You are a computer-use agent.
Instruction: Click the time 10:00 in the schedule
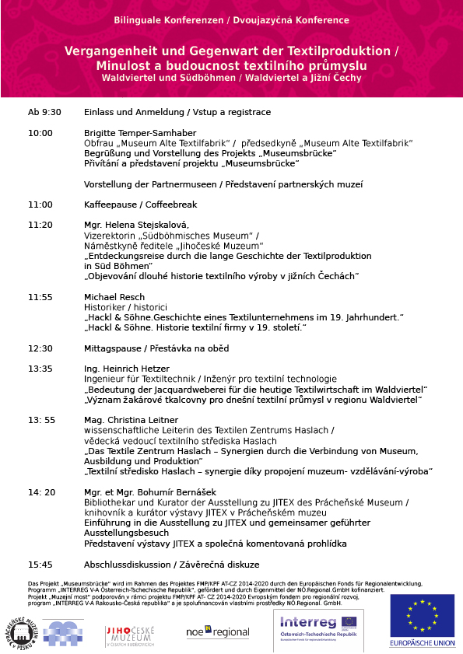pyautogui.click(x=40, y=133)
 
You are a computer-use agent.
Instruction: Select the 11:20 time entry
pyautogui.click(x=40, y=225)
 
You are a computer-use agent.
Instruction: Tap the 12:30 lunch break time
pyautogui.click(x=40, y=348)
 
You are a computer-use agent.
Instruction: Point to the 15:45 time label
pyautogui.click(x=40, y=564)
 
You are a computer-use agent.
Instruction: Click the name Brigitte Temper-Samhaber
pyautogui.click(x=140, y=133)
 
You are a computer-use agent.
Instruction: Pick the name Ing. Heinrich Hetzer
pyautogui.click(x=126, y=369)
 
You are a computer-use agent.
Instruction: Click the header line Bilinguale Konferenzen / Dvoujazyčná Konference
pyautogui.click(x=231, y=19)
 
